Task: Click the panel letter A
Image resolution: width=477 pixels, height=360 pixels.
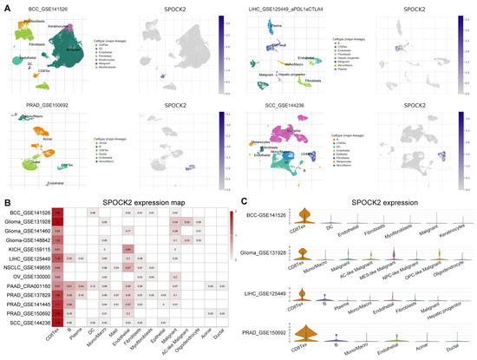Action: click(4, 4)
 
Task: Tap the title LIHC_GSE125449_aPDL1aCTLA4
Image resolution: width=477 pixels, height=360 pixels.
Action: click(286, 8)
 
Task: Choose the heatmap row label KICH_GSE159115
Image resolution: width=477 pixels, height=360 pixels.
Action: click(34, 249)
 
